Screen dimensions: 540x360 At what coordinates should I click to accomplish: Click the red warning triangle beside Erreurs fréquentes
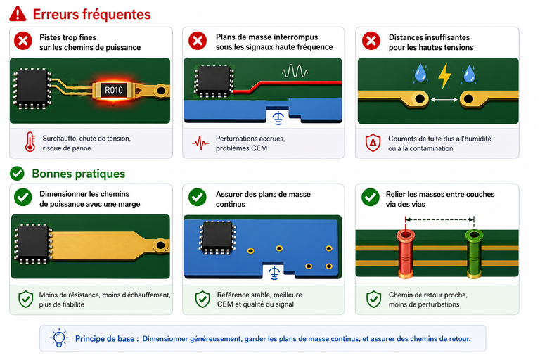tap(18, 14)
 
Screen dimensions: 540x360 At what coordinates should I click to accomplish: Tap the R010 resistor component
tap(114, 90)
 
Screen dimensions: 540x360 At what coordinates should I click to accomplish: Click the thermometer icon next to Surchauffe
tap(30, 141)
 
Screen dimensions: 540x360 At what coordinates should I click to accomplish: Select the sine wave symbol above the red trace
tap(295, 71)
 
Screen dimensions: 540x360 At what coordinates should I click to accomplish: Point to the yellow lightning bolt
tap(444, 76)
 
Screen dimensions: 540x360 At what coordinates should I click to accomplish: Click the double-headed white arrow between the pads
tap(444, 100)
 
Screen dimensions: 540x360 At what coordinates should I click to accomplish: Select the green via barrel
tap(474, 254)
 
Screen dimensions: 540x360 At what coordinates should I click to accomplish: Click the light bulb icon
tap(59, 337)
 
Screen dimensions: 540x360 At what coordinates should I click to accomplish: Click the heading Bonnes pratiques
tap(79, 174)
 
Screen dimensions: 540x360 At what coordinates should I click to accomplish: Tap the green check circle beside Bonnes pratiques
tap(17, 174)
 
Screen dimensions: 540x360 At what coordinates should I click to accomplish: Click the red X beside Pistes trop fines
tap(23, 41)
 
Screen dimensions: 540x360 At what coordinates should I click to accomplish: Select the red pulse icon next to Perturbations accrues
tap(200, 143)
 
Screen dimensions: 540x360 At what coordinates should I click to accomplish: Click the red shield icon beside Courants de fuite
tap(373, 143)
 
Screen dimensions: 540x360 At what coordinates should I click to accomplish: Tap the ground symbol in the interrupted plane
tap(278, 117)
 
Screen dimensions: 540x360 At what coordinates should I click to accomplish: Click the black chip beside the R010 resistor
tap(32, 88)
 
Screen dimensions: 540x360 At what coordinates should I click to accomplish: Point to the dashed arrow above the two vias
tap(439, 219)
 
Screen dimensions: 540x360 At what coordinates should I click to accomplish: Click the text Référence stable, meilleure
tap(259, 295)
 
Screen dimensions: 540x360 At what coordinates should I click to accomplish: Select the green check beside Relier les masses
tap(371, 198)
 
